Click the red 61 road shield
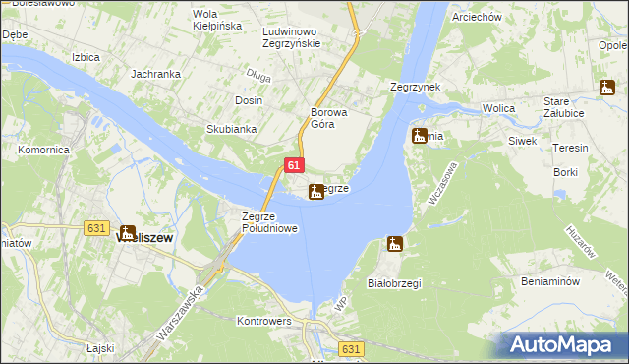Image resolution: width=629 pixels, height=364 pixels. [x=294, y=168]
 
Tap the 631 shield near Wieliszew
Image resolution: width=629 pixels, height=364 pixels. [x=95, y=228]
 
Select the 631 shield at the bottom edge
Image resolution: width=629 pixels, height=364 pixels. [x=352, y=349]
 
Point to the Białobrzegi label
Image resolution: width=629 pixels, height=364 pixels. [x=393, y=283]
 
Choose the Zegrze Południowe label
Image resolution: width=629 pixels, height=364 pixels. [x=269, y=222]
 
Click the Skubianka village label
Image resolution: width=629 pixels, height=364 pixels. [x=231, y=129]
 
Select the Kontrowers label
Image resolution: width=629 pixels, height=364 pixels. [x=264, y=321]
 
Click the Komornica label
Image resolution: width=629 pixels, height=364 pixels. [x=42, y=151]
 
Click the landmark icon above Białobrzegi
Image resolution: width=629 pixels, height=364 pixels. [x=395, y=243]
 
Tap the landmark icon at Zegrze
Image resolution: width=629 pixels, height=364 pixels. [x=315, y=191]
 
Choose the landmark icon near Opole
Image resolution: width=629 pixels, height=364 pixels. [x=606, y=88]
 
